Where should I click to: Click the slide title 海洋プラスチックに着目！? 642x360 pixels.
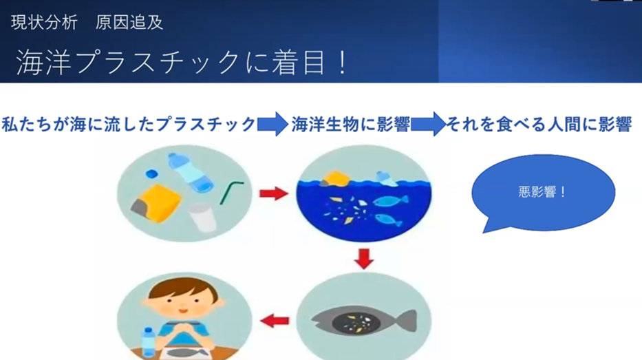(x=182, y=62)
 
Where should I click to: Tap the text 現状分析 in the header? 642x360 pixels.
(x=44, y=22)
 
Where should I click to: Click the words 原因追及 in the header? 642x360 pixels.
(x=129, y=22)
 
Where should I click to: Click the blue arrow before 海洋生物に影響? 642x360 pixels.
(x=272, y=124)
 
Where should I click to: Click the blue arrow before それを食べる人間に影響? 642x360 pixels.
(x=428, y=124)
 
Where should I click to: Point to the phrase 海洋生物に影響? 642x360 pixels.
(x=350, y=125)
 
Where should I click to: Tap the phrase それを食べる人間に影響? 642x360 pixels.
(x=539, y=125)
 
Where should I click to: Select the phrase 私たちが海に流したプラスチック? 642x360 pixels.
(x=129, y=124)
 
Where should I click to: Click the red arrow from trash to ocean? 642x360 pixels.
(x=274, y=193)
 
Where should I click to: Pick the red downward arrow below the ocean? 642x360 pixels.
(x=363, y=258)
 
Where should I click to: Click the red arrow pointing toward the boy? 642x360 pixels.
(x=275, y=321)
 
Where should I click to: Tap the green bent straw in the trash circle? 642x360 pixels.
(x=231, y=191)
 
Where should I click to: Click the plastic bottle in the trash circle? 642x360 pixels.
(x=191, y=172)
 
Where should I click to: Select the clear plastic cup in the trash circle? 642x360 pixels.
(x=202, y=217)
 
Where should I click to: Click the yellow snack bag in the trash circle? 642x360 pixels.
(x=156, y=203)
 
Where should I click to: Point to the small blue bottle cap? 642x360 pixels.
(x=152, y=173)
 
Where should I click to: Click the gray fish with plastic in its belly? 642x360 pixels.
(x=364, y=321)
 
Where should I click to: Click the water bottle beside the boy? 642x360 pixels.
(x=149, y=342)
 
